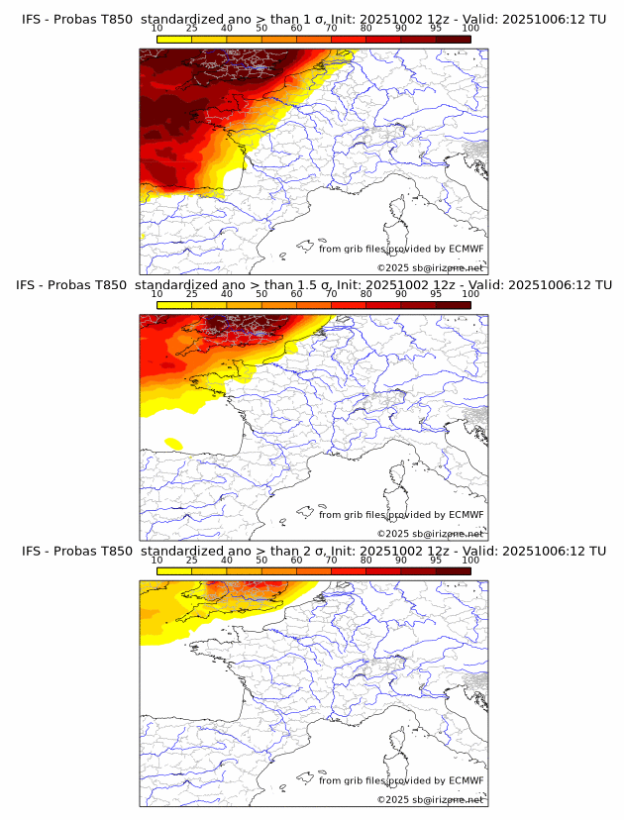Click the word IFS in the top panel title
(x=33, y=20)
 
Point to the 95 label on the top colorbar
(x=436, y=29)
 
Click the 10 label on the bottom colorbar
(x=156, y=560)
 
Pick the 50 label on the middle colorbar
(x=261, y=294)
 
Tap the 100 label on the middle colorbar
(x=470, y=294)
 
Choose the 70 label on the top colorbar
(x=331, y=29)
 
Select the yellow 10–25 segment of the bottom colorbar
(x=173, y=570)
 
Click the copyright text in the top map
(x=430, y=267)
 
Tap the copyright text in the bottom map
(x=430, y=799)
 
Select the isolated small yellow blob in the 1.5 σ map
(x=173, y=443)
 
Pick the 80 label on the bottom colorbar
(x=365, y=560)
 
